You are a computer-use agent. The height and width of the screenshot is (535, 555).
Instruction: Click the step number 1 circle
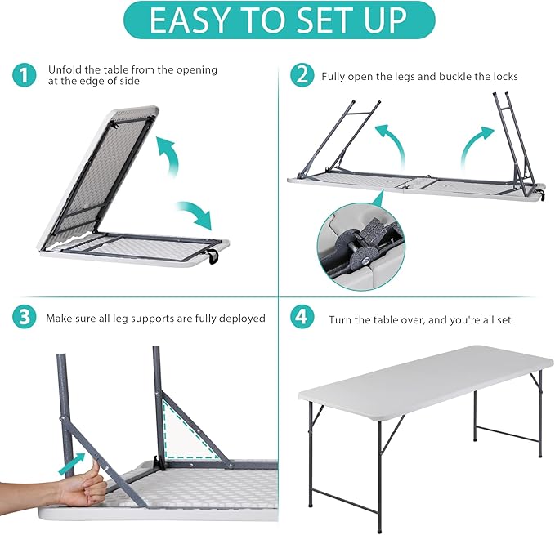click(x=25, y=76)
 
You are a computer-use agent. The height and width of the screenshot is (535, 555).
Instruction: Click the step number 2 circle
click(x=302, y=76)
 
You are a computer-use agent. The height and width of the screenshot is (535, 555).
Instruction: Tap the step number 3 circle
click(x=25, y=317)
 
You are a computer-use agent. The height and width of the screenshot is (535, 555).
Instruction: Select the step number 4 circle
click(x=302, y=317)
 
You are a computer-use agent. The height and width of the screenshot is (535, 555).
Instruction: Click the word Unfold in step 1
click(x=65, y=70)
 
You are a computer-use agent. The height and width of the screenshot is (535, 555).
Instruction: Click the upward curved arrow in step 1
click(x=169, y=156)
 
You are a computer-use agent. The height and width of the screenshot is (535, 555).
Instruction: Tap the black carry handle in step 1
click(x=215, y=261)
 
